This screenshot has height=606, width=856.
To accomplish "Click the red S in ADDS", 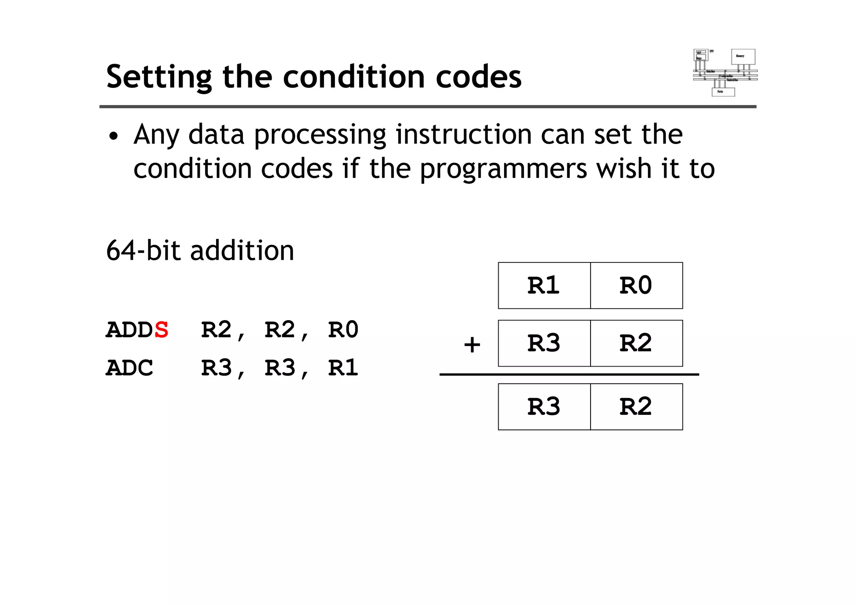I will (161, 330).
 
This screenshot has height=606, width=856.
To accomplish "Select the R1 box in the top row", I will (544, 286).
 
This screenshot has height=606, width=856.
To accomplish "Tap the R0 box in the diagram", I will (636, 286).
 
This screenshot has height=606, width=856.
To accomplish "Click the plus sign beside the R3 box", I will (472, 345).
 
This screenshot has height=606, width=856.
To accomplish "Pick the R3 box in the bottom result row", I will (544, 407).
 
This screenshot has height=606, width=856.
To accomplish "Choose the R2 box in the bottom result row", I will (636, 407).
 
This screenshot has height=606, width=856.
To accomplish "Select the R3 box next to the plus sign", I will (544, 344).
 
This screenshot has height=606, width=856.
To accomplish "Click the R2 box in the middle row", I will (636, 344).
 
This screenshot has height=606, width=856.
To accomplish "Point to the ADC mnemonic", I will (130, 368).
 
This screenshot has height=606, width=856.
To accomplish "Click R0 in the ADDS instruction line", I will (343, 330).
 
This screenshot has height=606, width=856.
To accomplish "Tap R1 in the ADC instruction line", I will (343, 368).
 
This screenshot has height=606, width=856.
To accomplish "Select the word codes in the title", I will (479, 77).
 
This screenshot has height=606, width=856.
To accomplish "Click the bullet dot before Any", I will (113, 136).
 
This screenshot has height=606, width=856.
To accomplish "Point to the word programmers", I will (504, 169).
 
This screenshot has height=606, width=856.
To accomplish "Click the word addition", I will (242, 251).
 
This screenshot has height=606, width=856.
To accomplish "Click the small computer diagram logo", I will (725, 72).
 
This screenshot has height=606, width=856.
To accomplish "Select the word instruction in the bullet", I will (464, 135).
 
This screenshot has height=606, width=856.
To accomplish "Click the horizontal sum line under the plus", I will (568, 375).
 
